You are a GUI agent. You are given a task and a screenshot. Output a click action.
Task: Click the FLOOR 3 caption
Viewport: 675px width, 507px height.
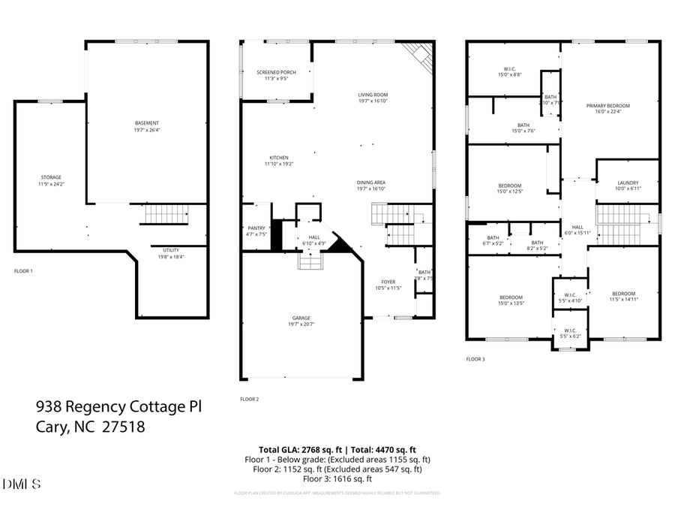click(475, 360)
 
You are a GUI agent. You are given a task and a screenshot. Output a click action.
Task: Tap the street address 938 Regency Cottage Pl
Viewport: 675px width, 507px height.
click(119, 407)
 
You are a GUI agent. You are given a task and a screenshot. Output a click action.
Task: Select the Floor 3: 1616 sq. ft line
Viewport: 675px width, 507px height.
click(337, 478)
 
